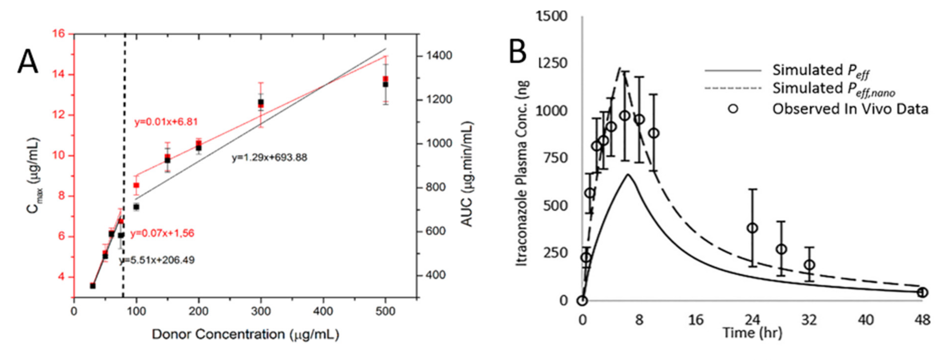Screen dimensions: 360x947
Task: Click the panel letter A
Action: pos(28,63)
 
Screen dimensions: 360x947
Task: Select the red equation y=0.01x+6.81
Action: pos(166,122)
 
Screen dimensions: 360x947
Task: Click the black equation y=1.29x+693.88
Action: pos(269,158)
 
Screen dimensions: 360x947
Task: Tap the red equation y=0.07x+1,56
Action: pos(162,233)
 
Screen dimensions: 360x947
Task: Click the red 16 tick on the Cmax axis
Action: pos(58,34)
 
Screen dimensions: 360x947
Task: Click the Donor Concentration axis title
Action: pos(245,334)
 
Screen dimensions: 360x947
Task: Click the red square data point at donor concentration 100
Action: pos(136,185)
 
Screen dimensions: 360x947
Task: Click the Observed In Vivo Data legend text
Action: pos(850,109)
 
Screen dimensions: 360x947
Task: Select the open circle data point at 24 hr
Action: pos(753,228)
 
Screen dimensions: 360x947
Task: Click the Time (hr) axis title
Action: pos(752,333)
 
